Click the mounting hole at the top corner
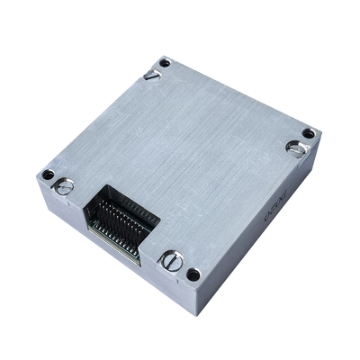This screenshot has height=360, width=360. coord(164,63)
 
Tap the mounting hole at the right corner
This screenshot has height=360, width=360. coord(309,133)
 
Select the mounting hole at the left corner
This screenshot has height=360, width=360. coord(48,174)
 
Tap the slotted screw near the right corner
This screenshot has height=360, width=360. coord(295,148)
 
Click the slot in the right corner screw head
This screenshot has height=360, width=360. coord(295,148)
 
